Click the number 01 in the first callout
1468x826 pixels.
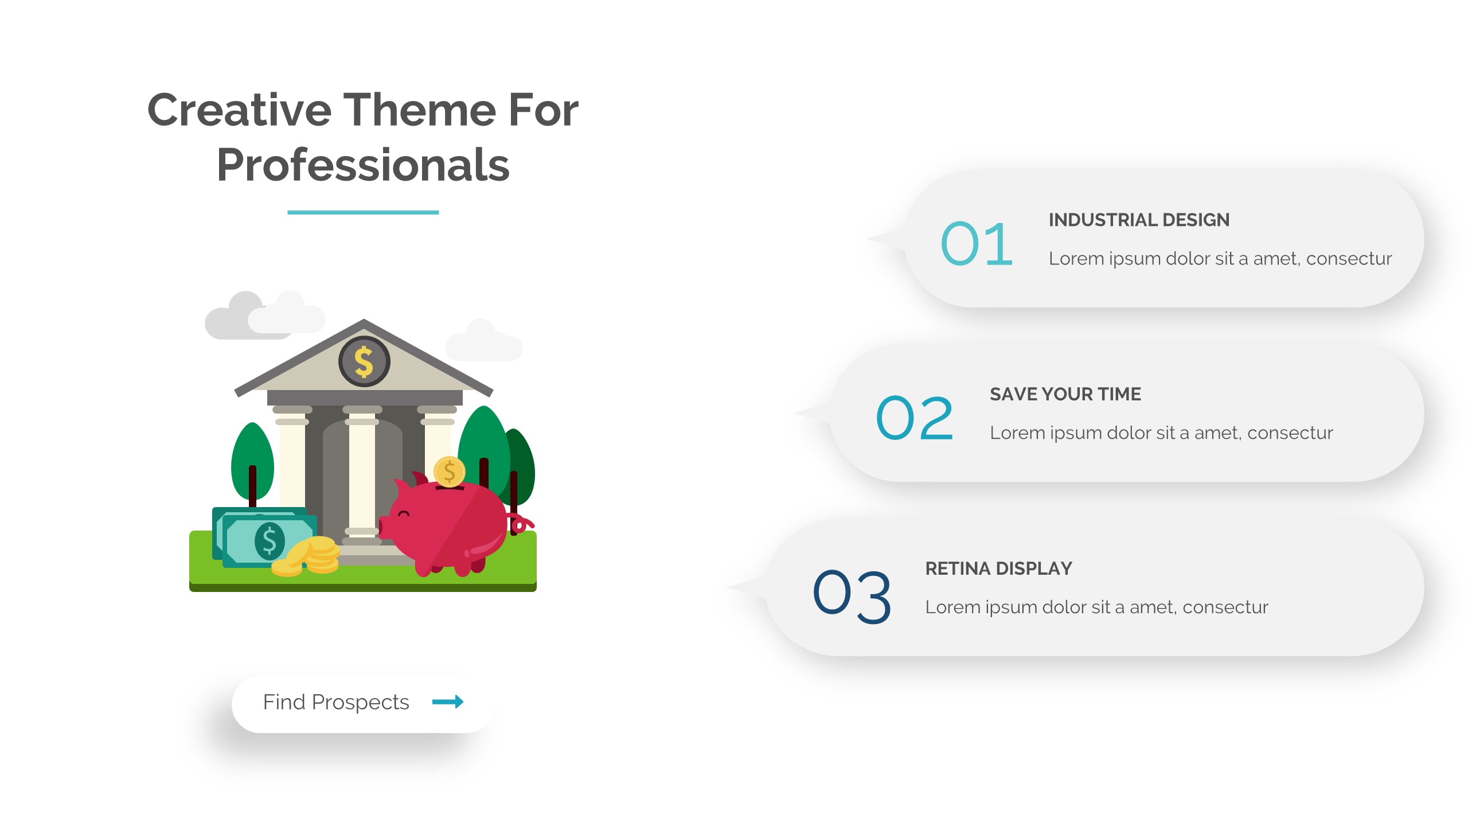pos(977,244)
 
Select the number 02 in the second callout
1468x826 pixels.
pos(915,418)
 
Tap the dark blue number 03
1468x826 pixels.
pos(852,596)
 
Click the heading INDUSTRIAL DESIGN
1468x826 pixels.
pos(1139,220)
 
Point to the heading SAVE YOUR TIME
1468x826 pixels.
pos(1065,394)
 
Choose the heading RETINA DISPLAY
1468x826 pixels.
pos(998,568)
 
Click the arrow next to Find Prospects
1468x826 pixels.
pos(448,702)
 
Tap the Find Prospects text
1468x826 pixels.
pos(336,702)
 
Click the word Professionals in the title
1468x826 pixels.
pos(363,165)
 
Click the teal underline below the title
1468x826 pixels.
pos(363,212)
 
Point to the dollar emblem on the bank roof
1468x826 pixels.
pos(364,361)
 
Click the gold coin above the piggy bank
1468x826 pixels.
pos(450,472)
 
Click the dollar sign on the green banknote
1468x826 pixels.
pos(270,541)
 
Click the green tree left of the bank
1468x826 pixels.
pos(252,462)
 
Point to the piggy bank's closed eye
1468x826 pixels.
pos(404,513)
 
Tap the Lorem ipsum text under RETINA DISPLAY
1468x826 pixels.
pos(1096,607)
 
